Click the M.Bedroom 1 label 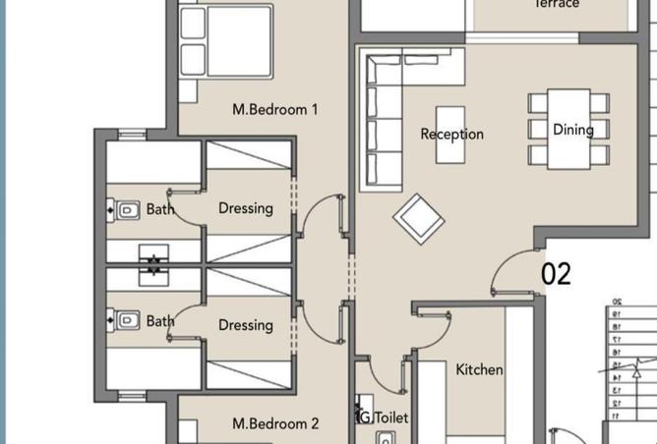(x=274, y=110)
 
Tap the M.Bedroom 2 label (x=274, y=423)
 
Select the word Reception (x=451, y=134)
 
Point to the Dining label (x=572, y=129)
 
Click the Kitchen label (x=479, y=369)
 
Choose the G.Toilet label (x=382, y=417)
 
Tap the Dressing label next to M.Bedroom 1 (x=245, y=208)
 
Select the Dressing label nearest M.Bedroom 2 (x=245, y=325)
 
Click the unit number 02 (x=556, y=274)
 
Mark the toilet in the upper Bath (x=125, y=209)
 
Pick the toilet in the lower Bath (x=125, y=320)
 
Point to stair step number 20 (x=617, y=303)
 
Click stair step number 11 (x=617, y=416)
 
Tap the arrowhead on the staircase (x=637, y=370)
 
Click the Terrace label (x=557, y=4)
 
